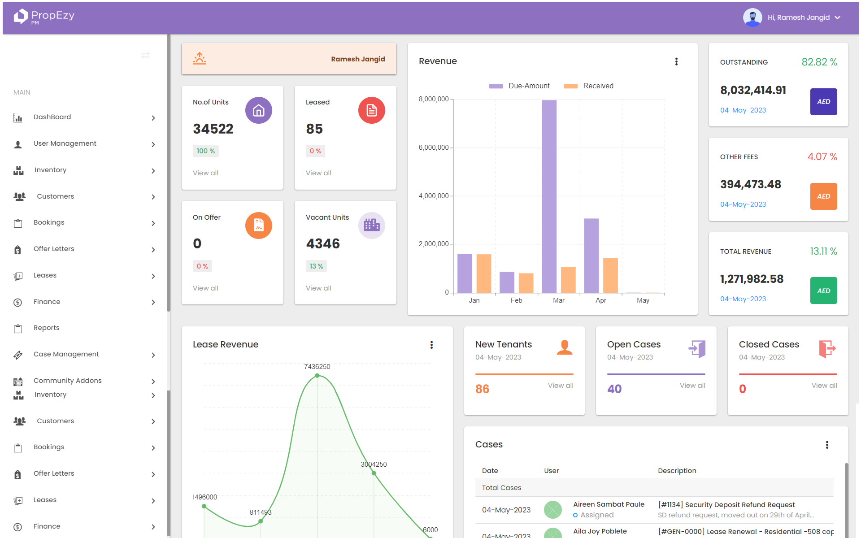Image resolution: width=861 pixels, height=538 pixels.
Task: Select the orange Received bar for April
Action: (x=610, y=275)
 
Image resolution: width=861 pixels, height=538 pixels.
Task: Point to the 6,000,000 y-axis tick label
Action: (x=433, y=148)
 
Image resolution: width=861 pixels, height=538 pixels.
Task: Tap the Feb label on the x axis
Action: (x=516, y=300)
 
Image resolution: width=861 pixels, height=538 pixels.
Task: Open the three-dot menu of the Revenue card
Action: (x=676, y=62)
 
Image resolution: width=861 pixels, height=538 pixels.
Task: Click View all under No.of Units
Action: (x=205, y=173)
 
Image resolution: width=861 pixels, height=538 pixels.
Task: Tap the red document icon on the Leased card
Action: (x=371, y=110)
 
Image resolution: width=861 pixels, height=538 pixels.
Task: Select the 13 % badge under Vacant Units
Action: (x=316, y=266)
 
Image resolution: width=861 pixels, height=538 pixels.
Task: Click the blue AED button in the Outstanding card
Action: (x=823, y=102)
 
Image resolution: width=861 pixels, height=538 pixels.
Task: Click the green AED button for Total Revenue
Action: (x=823, y=291)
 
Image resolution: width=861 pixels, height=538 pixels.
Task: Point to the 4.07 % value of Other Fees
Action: (x=822, y=157)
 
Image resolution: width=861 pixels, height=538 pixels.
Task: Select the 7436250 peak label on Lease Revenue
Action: (x=317, y=367)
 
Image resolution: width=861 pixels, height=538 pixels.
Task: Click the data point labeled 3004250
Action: (x=374, y=473)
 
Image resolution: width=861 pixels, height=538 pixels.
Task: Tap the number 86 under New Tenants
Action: (x=482, y=389)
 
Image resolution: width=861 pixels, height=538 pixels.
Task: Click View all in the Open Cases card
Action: (x=692, y=386)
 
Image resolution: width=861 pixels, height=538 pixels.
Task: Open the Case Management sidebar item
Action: (x=66, y=354)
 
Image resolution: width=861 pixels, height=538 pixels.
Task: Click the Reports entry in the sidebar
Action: (x=47, y=328)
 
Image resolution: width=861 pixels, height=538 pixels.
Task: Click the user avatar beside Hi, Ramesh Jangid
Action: (x=752, y=17)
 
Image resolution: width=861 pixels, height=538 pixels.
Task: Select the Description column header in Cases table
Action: (x=677, y=471)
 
